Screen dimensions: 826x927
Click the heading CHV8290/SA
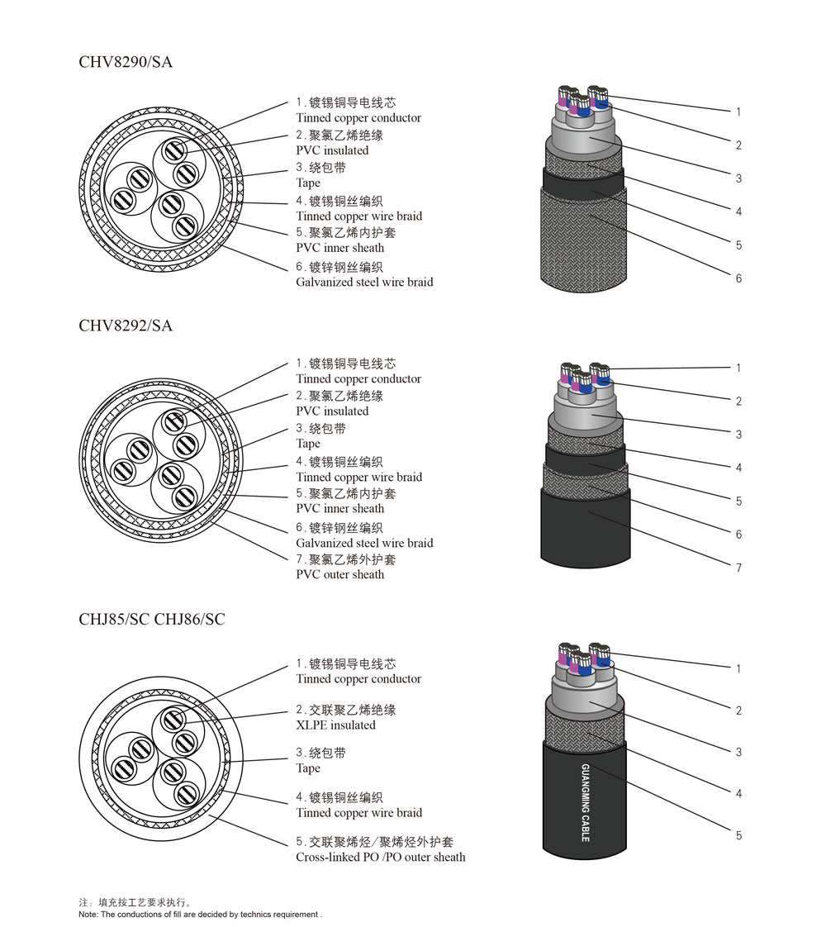point(126,62)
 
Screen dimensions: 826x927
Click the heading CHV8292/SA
point(126,326)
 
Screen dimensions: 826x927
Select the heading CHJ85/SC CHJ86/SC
point(152,620)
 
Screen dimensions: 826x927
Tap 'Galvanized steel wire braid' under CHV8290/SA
point(364,282)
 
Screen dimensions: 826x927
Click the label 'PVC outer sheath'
point(339,575)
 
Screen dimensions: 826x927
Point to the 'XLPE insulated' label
point(335,725)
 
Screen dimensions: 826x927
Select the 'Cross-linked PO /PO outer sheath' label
point(381,858)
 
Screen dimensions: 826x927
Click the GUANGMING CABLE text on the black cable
point(586,803)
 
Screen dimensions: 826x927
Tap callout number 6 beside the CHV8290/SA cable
point(738,278)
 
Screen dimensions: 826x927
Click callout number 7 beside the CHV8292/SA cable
point(738,568)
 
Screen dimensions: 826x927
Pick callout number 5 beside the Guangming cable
point(738,835)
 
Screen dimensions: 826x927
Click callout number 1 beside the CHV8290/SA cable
point(738,112)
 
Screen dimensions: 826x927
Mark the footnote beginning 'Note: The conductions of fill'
point(200,914)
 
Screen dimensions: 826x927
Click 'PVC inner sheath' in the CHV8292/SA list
point(339,508)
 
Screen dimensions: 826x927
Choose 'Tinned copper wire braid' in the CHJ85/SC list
point(359,813)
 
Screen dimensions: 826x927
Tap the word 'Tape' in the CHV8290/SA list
point(308,183)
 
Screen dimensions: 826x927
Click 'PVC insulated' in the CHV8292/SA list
point(332,411)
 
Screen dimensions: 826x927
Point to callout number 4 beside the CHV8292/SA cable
point(738,468)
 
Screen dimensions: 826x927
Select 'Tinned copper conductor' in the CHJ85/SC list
point(358,678)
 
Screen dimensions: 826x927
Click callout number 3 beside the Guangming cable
point(738,752)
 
